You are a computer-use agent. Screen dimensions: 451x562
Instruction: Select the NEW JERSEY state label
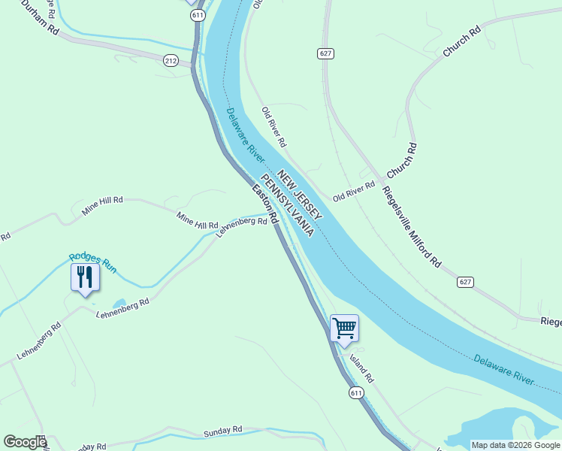[x=300, y=195]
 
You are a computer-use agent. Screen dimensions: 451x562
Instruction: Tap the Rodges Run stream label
[x=93, y=262]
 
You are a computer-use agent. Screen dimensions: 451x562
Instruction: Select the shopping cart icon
[x=344, y=328]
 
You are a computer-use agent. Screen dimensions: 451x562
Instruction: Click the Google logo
[x=25, y=442]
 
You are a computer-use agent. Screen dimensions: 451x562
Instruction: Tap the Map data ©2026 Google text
[x=515, y=445]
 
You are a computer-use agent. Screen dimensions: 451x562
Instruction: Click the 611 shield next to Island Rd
[x=356, y=392]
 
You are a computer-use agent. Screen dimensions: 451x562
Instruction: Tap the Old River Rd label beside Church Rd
[x=354, y=191]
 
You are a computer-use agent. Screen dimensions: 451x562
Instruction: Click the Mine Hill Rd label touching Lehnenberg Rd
[x=197, y=220]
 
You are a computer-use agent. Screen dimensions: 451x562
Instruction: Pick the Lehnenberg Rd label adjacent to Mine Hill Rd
[x=241, y=226]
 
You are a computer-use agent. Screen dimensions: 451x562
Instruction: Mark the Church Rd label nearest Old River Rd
[x=401, y=161]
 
